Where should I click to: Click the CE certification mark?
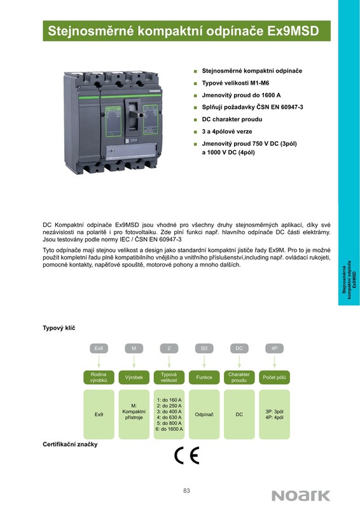186,456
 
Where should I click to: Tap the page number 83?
186,491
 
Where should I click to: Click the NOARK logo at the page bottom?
301,496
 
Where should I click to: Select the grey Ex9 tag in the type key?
99,348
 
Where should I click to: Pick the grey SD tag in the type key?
204,348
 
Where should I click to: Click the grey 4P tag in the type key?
274,348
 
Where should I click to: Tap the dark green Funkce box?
204,377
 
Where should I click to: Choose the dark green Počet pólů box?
274,377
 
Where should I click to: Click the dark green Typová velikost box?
169,377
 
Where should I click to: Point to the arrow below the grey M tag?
134,361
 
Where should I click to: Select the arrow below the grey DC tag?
239,361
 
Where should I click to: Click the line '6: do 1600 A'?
169,429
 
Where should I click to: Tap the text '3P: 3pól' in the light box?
274,412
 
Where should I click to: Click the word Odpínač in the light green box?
204,415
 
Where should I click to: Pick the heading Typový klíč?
59,328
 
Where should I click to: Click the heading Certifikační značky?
70,444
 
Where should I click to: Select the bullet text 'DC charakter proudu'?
232,119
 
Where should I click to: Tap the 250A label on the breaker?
134,141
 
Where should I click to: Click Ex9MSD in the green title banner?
293,31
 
